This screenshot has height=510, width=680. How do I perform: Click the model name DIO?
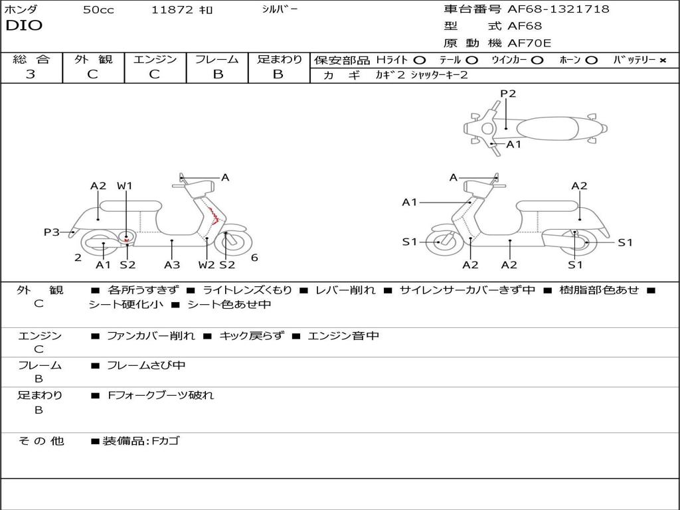point(24,26)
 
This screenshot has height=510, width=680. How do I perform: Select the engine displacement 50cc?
point(98,10)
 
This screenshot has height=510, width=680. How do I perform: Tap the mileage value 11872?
point(172,10)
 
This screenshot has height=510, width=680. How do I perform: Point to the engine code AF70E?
point(529,44)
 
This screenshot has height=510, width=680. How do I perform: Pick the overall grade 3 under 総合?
point(31,74)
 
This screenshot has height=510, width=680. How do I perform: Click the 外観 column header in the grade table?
point(93,59)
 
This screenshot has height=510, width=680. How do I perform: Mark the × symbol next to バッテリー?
point(662,60)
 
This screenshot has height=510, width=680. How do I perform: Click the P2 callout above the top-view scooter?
point(508,94)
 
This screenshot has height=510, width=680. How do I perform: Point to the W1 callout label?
point(125,186)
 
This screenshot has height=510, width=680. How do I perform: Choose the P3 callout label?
point(52,232)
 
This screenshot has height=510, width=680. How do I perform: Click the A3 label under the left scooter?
point(172,265)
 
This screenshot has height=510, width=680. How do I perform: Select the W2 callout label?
point(207,265)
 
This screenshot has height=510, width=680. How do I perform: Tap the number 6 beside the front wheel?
point(254,258)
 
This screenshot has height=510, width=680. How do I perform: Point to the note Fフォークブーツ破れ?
point(161,395)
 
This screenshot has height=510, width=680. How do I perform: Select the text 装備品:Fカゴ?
point(140,441)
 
